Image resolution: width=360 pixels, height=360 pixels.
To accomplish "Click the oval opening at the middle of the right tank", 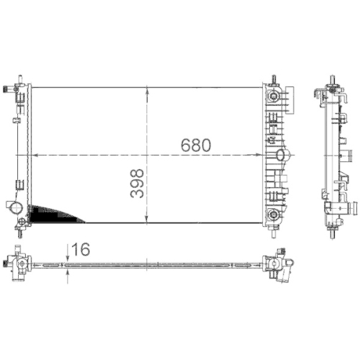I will pos(282,154).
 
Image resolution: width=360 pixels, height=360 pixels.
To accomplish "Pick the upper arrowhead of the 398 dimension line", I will pos(148,91).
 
